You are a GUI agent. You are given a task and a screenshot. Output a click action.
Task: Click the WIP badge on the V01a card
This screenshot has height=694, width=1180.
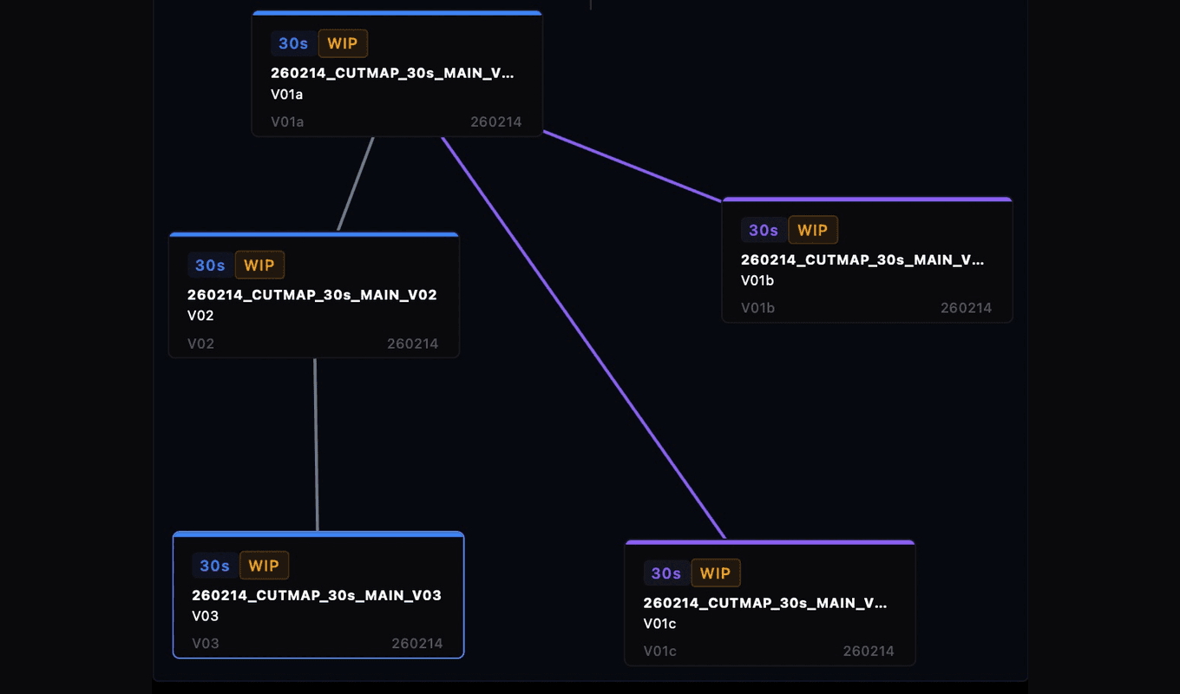pos(343,43)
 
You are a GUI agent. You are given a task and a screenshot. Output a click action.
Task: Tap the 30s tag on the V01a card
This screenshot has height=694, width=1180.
pos(293,43)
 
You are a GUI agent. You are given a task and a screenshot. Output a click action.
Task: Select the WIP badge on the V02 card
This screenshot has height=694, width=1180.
pos(259,265)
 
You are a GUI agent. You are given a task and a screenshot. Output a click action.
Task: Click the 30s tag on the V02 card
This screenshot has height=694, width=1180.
pos(210,265)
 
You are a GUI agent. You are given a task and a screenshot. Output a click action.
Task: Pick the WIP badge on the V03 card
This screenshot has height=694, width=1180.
pos(264,566)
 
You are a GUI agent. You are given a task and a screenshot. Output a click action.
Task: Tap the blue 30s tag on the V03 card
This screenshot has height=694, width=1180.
pos(214,566)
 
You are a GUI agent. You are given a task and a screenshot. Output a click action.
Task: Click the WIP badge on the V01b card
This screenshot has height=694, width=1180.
pos(813,230)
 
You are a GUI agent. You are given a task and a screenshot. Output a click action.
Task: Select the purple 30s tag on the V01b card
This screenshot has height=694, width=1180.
pos(764,230)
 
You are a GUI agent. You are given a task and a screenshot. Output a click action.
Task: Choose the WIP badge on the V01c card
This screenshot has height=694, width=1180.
pos(716,573)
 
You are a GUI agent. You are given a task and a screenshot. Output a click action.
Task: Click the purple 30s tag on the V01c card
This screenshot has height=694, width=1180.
pos(666,573)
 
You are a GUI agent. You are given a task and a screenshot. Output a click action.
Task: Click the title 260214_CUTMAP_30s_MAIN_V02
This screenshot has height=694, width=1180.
pos(312,295)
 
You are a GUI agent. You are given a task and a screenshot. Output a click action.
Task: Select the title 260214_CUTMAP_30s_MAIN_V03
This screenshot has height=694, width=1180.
pos(317,595)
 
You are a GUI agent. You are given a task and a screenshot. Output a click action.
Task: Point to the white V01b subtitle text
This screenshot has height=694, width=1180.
pos(757,280)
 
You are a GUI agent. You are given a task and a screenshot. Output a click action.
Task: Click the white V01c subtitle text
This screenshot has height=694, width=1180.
pos(659,624)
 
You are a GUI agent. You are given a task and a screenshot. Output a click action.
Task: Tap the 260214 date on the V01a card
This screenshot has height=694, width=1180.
pos(496,121)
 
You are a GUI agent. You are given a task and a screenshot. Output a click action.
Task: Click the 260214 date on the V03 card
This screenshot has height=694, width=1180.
pos(417,644)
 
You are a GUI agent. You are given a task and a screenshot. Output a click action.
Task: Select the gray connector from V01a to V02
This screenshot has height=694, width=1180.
pos(356,184)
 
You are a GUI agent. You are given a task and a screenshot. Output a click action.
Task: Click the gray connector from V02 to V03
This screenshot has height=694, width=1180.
pos(316,444)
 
